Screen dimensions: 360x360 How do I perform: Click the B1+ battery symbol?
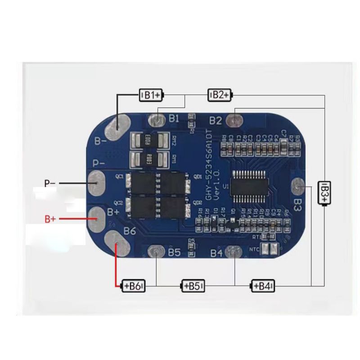(x=151, y=95)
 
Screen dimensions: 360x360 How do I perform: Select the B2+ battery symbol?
(x=220, y=94)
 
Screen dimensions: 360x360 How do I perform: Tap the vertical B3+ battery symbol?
(x=324, y=193)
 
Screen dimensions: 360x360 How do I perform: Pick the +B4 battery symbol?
(x=263, y=286)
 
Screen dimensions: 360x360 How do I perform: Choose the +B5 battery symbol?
(x=193, y=286)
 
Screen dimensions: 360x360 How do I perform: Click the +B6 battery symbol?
(x=134, y=286)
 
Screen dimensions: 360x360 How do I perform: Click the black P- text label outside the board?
(x=49, y=184)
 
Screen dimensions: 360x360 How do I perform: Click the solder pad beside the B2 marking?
(x=234, y=120)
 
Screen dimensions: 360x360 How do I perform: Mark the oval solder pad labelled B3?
(x=299, y=185)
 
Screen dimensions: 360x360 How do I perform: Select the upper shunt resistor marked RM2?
(x=149, y=141)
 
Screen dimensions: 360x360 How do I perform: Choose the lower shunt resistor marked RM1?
(x=149, y=158)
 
